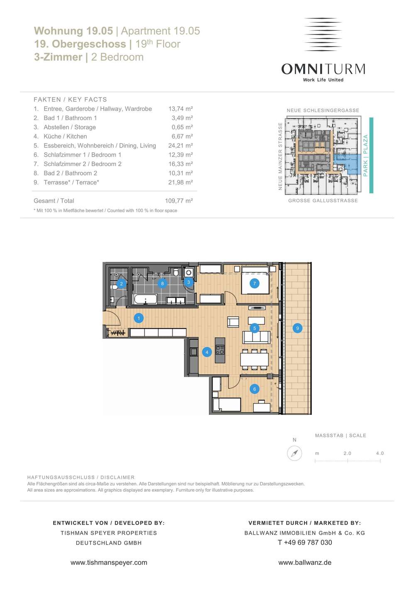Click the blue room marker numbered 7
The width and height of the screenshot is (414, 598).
[x=255, y=283]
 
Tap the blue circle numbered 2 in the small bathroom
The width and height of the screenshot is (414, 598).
[x=121, y=284]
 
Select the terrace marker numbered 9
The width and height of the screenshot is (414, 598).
[x=297, y=328]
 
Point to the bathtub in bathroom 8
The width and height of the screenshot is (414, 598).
[x=145, y=299]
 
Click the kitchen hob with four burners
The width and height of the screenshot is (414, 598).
[x=220, y=350]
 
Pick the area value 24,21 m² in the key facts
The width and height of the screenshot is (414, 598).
[x=181, y=145]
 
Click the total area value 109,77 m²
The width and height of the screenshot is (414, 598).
[x=179, y=201]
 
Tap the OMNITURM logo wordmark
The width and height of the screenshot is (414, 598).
[x=323, y=69]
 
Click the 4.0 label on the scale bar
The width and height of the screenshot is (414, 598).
[x=380, y=453]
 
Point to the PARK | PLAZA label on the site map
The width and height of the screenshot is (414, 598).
[x=365, y=155]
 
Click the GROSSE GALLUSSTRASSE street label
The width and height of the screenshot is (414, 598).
[x=323, y=201]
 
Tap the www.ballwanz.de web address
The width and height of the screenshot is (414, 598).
[x=305, y=562]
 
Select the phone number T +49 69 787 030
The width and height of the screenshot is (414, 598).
[x=305, y=542]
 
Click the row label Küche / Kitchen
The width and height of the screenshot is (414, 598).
[x=65, y=136]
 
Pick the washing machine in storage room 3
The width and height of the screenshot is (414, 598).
[x=189, y=272]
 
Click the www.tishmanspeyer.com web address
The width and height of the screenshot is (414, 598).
[x=109, y=562]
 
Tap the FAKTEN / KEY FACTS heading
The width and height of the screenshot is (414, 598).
[x=70, y=100]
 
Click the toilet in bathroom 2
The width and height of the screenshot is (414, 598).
[x=114, y=287]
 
